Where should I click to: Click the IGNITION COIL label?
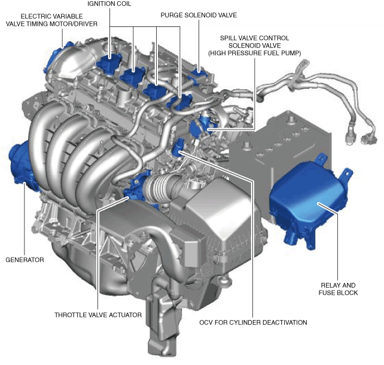(x=109, y=4)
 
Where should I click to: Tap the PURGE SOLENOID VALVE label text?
(x=199, y=15)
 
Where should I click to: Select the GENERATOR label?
(x=25, y=260)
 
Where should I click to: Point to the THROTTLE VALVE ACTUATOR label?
(x=98, y=315)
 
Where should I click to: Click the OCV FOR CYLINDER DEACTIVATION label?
(x=253, y=323)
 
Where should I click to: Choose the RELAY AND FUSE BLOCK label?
(x=338, y=289)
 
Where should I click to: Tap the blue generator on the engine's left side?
(x=21, y=163)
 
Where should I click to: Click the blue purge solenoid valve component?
(x=199, y=74)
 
